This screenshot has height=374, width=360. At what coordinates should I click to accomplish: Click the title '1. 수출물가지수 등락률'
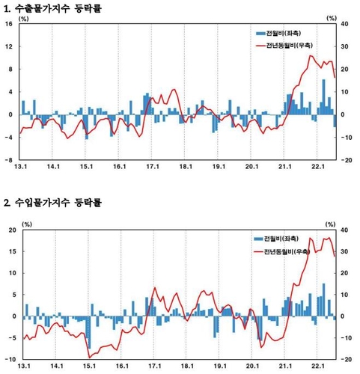(x=52, y=8)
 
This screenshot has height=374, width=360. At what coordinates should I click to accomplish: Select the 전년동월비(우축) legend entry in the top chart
(x=284, y=45)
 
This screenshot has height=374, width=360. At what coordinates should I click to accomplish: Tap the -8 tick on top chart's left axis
(x=8, y=160)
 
